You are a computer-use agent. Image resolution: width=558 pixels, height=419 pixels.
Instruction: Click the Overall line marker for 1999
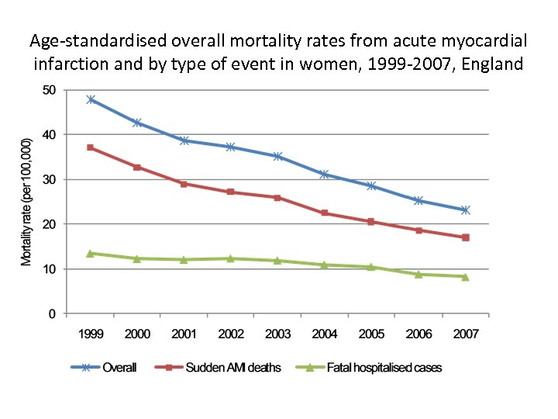pyautogui.click(x=91, y=99)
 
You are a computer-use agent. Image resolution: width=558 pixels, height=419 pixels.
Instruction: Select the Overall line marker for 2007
pyautogui.click(x=465, y=210)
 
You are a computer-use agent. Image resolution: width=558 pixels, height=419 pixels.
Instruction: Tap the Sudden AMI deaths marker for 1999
pyautogui.click(x=91, y=147)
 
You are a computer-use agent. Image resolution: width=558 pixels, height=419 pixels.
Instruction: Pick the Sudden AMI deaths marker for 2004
pyautogui.click(x=325, y=213)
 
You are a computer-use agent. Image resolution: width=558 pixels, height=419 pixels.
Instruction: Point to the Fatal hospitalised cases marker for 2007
pyautogui.click(x=465, y=276)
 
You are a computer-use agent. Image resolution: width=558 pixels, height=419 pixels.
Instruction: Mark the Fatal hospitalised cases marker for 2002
pyautogui.click(x=231, y=258)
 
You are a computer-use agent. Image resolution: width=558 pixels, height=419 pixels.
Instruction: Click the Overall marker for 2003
pyautogui.click(x=277, y=156)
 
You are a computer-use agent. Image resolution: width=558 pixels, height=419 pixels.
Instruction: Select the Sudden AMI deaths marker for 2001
pyautogui.click(x=184, y=184)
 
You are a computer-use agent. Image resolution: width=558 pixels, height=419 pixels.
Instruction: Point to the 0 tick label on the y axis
pyautogui.click(x=52, y=314)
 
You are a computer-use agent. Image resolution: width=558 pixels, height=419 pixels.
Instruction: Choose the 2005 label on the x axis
pyautogui.click(x=371, y=334)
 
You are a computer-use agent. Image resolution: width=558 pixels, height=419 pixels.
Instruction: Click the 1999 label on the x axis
pyautogui.click(x=91, y=334)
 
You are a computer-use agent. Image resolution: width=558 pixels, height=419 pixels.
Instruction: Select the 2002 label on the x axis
pyautogui.click(x=231, y=334)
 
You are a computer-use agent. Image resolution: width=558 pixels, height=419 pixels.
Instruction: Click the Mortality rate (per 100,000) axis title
pyautogui.click(x=26, y=202)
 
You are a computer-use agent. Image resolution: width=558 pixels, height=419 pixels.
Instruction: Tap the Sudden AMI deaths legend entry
pyautogui.click(x=232, y=367)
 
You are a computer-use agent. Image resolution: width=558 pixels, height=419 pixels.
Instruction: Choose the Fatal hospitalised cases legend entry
pyautogui.click(x=384, y=367)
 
